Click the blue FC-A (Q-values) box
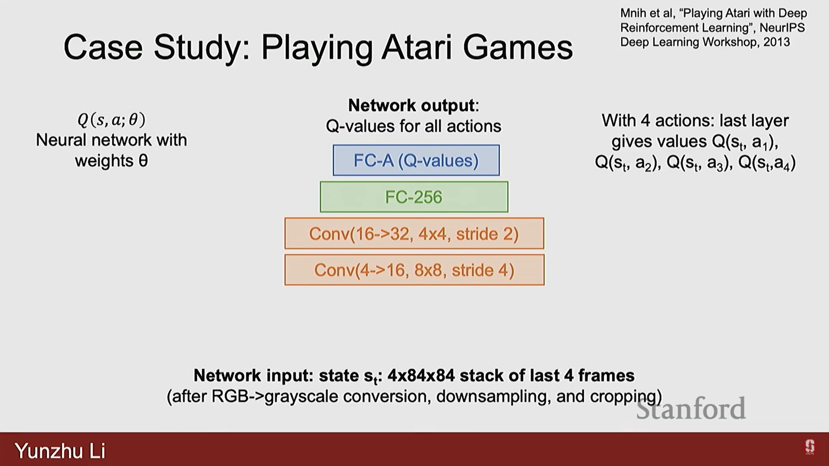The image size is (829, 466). click(x=416, y=161)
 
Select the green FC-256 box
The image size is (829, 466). click(x=414, y=197)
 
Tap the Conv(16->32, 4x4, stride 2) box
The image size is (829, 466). click(x=414, y=234)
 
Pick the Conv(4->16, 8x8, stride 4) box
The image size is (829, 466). click(x=414, y=270)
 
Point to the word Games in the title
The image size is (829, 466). click(x=518, y=47)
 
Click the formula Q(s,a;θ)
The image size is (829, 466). click(x=111, y=120)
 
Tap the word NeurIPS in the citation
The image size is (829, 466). click(x=782, y=28)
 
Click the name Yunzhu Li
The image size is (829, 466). click(x=60, y=451)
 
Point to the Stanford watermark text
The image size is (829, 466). click(x=691, y=409)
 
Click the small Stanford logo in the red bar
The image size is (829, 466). click(x=810, y=447)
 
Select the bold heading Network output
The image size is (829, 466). click(x=413, y=105)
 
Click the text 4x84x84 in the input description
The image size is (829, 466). click(x=421, y=375)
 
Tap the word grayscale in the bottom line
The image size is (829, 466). click(x=301, y=397)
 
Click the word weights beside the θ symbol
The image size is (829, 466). click(x=104, y=161)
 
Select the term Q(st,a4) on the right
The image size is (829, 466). click(x=767, y=163)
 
